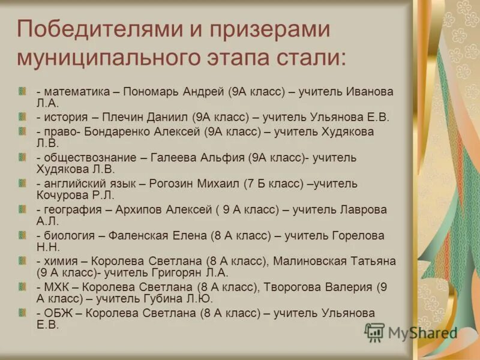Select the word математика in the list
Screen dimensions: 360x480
pos(76,92)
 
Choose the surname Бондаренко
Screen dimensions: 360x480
pos(120,131)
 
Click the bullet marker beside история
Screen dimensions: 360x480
pos(22,117)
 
